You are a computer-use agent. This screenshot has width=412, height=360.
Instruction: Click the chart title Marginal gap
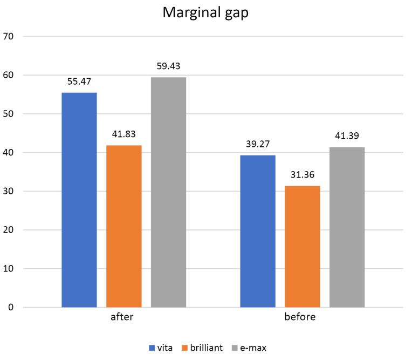205,12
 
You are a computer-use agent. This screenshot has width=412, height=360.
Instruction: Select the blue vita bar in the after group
79,200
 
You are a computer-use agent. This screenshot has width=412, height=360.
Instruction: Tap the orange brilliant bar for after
123,226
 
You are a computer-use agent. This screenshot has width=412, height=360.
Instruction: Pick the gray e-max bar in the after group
168,192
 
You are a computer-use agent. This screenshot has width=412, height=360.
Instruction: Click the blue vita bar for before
258,231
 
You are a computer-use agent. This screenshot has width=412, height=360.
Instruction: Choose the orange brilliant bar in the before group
303,247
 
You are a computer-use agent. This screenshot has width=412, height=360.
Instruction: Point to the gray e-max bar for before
347,227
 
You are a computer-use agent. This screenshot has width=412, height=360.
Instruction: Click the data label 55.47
79,81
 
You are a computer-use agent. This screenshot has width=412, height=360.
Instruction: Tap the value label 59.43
168,66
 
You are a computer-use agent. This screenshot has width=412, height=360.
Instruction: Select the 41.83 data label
123,134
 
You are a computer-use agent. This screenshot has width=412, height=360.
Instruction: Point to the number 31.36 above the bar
303,175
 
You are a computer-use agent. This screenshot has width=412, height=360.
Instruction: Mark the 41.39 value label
347,135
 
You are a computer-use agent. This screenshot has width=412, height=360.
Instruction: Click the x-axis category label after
122,317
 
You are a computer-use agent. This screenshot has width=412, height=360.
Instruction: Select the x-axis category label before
300,317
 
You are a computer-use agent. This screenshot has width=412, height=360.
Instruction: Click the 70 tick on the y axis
8,36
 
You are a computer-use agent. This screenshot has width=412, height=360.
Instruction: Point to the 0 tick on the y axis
11,307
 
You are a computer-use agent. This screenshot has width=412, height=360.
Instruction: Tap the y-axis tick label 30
8,191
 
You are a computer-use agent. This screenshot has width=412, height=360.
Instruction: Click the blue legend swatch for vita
152,348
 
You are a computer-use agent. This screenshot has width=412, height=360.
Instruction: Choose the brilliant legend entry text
207,348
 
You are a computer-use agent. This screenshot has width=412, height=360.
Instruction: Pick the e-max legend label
253,348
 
